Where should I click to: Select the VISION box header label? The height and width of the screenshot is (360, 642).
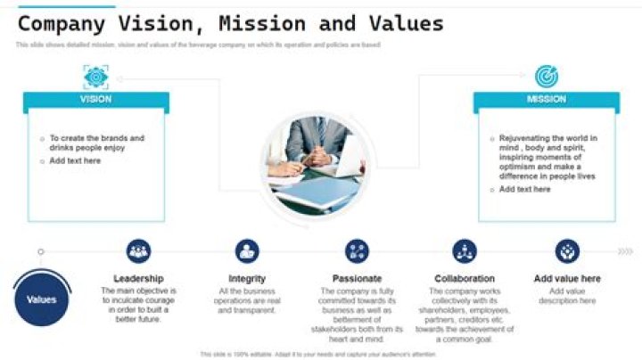(96, 100)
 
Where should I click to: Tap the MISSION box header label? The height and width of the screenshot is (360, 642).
(547, 100)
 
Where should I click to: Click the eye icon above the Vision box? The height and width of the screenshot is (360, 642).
(96, 77)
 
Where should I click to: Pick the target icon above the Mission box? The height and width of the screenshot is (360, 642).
(547, 77)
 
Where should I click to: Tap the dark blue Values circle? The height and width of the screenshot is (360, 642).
(42, 300)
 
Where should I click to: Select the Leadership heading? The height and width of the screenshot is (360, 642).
(138, 279)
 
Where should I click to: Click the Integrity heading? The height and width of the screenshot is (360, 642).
(247, 279)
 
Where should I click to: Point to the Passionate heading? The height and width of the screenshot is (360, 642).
(357, 279)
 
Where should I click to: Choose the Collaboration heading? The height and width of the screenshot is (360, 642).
(465, 279)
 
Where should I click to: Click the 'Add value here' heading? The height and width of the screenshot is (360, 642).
(567, 279)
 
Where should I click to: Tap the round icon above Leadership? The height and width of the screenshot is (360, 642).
(138, 251)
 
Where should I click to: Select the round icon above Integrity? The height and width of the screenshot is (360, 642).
(247, 251)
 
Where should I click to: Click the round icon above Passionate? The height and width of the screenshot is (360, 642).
(357, 251)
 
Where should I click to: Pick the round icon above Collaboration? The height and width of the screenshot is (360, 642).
(465, 251)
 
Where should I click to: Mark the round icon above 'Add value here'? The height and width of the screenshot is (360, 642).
(567, 251)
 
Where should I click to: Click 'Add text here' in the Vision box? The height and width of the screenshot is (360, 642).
(75, 161)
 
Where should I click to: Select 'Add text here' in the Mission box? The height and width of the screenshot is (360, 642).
(524, 190)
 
